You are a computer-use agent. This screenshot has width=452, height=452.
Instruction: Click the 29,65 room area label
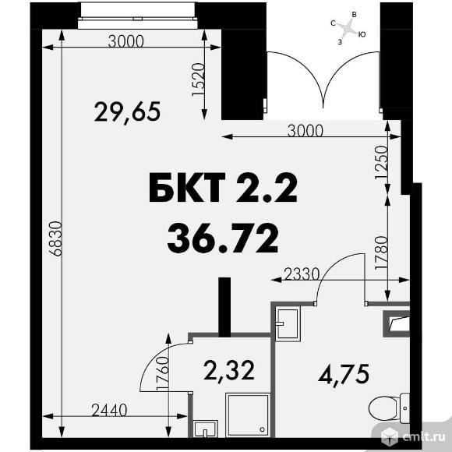click(x=127, y=112)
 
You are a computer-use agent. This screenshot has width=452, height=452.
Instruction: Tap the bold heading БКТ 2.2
click(x=223, y=188)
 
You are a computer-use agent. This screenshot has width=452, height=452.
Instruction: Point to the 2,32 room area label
click(x=229, y=371)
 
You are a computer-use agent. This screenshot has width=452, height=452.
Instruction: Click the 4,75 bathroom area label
click(x=344, y=374)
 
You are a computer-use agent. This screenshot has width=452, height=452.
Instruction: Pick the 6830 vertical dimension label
click(x=55, y=238)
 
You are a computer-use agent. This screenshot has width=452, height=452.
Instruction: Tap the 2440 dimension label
click(x=109, y=410)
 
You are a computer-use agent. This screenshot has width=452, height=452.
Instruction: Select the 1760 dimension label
click(x=162, y=374)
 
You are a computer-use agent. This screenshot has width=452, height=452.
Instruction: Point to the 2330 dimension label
click(x=302, y=274)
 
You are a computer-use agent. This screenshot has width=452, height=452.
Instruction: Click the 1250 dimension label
click(x=380, y=163)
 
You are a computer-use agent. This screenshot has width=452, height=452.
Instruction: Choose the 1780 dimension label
click(x=381, y=253)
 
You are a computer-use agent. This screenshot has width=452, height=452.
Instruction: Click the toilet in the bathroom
click(x=389, y=408)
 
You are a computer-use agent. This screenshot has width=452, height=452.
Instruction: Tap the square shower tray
click(x=248, y=415)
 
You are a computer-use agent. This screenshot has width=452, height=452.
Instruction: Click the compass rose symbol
click(x=348, y=28)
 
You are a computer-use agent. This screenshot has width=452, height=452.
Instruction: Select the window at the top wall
click(x=138, y=16)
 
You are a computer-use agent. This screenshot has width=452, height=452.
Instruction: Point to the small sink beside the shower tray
click(x=205, y=429)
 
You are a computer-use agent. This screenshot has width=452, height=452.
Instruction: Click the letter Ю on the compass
click(x=362, y=34)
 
